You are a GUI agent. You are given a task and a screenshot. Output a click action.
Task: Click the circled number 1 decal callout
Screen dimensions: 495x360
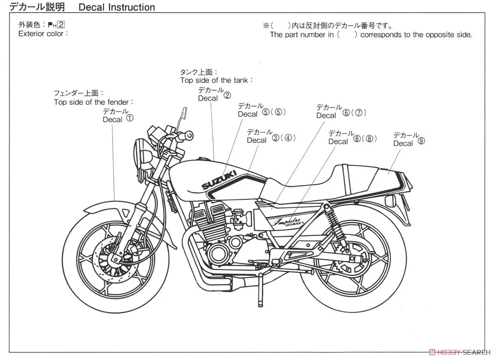coord(130,118)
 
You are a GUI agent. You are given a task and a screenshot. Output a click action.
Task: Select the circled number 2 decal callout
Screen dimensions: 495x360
coord(227,95)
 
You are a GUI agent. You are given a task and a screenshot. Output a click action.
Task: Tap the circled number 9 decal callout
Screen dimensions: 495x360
coord(421,141)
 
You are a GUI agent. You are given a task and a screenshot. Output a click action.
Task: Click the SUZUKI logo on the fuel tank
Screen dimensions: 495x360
coord(219,180)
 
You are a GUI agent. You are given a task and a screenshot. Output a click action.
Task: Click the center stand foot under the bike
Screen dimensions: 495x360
coord(261,305)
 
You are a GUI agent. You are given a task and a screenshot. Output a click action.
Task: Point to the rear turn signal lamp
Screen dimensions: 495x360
coord(390,201)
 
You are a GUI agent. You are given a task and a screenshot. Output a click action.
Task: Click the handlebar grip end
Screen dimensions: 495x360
coord(189,135)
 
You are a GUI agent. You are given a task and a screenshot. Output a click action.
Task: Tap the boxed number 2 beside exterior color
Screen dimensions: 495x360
coord(61,24)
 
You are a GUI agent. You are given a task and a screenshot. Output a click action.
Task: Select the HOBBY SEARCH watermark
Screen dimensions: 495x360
coord(460,352)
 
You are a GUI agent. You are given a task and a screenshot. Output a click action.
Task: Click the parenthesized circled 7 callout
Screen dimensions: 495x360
coord(359,113)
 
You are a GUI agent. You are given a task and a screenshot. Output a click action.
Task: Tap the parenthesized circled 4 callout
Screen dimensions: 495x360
coord(288,138)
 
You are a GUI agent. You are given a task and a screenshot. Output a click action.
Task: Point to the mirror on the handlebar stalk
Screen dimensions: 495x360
coord(184,112)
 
